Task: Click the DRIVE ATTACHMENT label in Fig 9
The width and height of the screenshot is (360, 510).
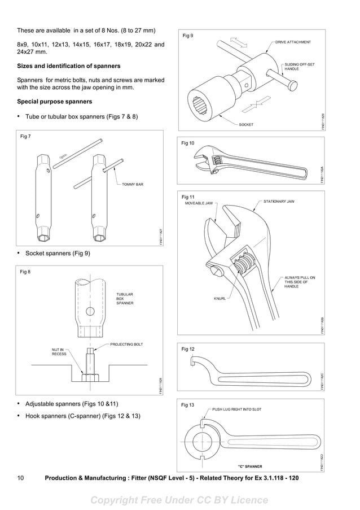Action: [x=293, y=42]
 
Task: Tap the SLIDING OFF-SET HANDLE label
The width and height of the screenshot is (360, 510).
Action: [x=300, y=67]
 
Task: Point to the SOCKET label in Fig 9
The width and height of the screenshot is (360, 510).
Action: [x=246, y=124]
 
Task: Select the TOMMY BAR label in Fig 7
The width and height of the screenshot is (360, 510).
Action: [x=133, y=185]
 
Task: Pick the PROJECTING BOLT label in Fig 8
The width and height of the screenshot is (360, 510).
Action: [x=126, y=344]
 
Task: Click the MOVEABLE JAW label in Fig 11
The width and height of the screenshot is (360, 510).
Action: [x=199, y=203]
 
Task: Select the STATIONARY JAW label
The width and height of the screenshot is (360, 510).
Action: [x=279, y=201]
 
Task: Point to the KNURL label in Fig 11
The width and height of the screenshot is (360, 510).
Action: [x=219, y=299]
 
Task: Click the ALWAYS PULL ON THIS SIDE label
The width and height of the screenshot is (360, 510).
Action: [x=300, y=282]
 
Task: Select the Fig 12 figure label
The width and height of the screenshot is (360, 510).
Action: [x=188, y=349]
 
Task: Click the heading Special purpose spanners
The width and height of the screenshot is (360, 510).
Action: [x=55, y=102]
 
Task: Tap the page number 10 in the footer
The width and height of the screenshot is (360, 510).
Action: [x=20, y=478]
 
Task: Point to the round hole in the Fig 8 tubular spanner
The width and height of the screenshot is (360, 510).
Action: [x=90, y=311]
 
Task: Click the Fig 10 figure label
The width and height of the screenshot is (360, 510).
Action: [x=188, y=143]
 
